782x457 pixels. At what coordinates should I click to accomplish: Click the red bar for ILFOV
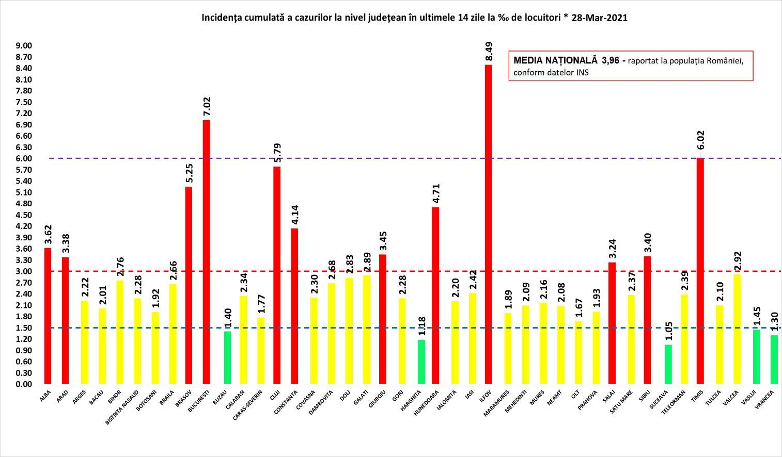(x=488, y=224)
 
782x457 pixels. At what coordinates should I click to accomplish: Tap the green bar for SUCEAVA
(x=668, y=364)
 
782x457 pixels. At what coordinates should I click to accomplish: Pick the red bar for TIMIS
(x=700, y=271)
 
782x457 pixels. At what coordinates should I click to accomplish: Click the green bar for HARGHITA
(x=421, y=362)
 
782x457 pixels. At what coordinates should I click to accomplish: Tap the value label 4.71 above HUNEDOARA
(x=435, y=194)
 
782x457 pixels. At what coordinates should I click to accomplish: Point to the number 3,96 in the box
(x=611, y=60)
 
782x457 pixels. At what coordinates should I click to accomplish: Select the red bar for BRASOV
(x=189, y=285)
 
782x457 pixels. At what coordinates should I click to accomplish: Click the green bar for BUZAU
(x=227, y=357)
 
